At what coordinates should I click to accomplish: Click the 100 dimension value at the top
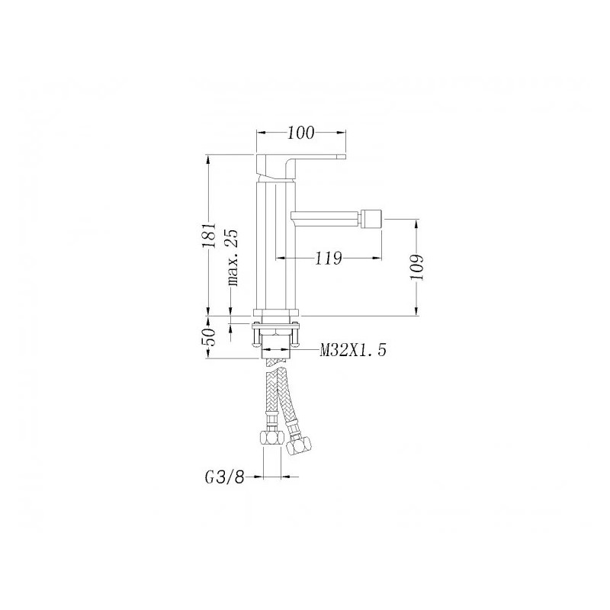tap(300, 133)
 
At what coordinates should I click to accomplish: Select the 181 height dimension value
tap(208, 236)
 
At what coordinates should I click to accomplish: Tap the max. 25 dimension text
tap(233, 258)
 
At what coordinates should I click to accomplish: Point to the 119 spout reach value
tap(328, 258)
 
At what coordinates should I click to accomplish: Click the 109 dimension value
tap(416, 268)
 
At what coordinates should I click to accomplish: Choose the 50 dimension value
tap(208, 337)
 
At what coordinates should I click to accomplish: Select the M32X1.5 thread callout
tap(353, 350)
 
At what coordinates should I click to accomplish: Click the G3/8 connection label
tap(224, 477)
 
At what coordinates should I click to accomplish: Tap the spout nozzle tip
tap(371, 219)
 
